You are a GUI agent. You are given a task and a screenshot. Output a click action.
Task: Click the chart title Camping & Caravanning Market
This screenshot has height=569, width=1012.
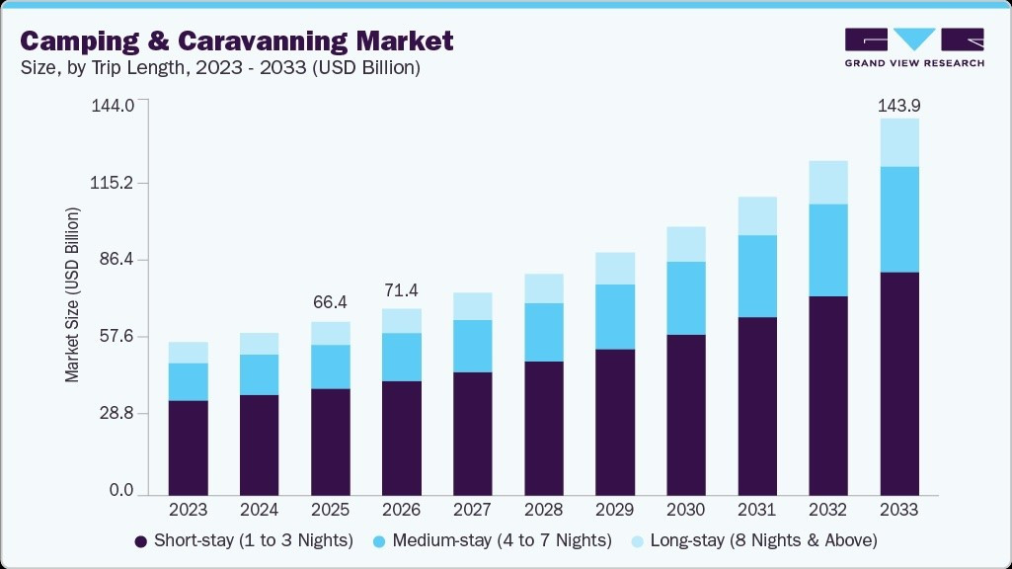237,41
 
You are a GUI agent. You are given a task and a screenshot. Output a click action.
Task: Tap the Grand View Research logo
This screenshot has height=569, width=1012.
913,47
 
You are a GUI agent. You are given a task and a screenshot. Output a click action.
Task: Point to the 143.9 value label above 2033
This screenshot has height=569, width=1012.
899,105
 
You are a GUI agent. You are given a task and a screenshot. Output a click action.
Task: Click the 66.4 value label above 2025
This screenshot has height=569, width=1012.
331,301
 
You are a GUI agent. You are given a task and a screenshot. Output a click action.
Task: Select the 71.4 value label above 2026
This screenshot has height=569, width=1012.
402,289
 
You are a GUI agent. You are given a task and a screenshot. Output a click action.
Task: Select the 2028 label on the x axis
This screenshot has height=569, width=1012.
544,511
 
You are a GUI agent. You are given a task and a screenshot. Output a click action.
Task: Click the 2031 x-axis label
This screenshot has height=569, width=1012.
757,511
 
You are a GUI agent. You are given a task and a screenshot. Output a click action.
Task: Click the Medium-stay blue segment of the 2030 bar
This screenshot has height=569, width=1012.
686,298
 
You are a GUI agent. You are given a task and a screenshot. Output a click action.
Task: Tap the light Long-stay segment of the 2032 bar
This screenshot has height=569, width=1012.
828,183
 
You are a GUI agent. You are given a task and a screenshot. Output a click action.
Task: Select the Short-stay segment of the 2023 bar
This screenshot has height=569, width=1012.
189,447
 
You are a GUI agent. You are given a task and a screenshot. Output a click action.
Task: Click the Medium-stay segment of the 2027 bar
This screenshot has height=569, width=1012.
473,346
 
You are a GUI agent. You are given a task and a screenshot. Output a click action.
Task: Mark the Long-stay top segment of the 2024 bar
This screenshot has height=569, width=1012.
260,344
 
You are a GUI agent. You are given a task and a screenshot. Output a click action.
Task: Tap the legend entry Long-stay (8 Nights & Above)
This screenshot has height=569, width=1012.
754,540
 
